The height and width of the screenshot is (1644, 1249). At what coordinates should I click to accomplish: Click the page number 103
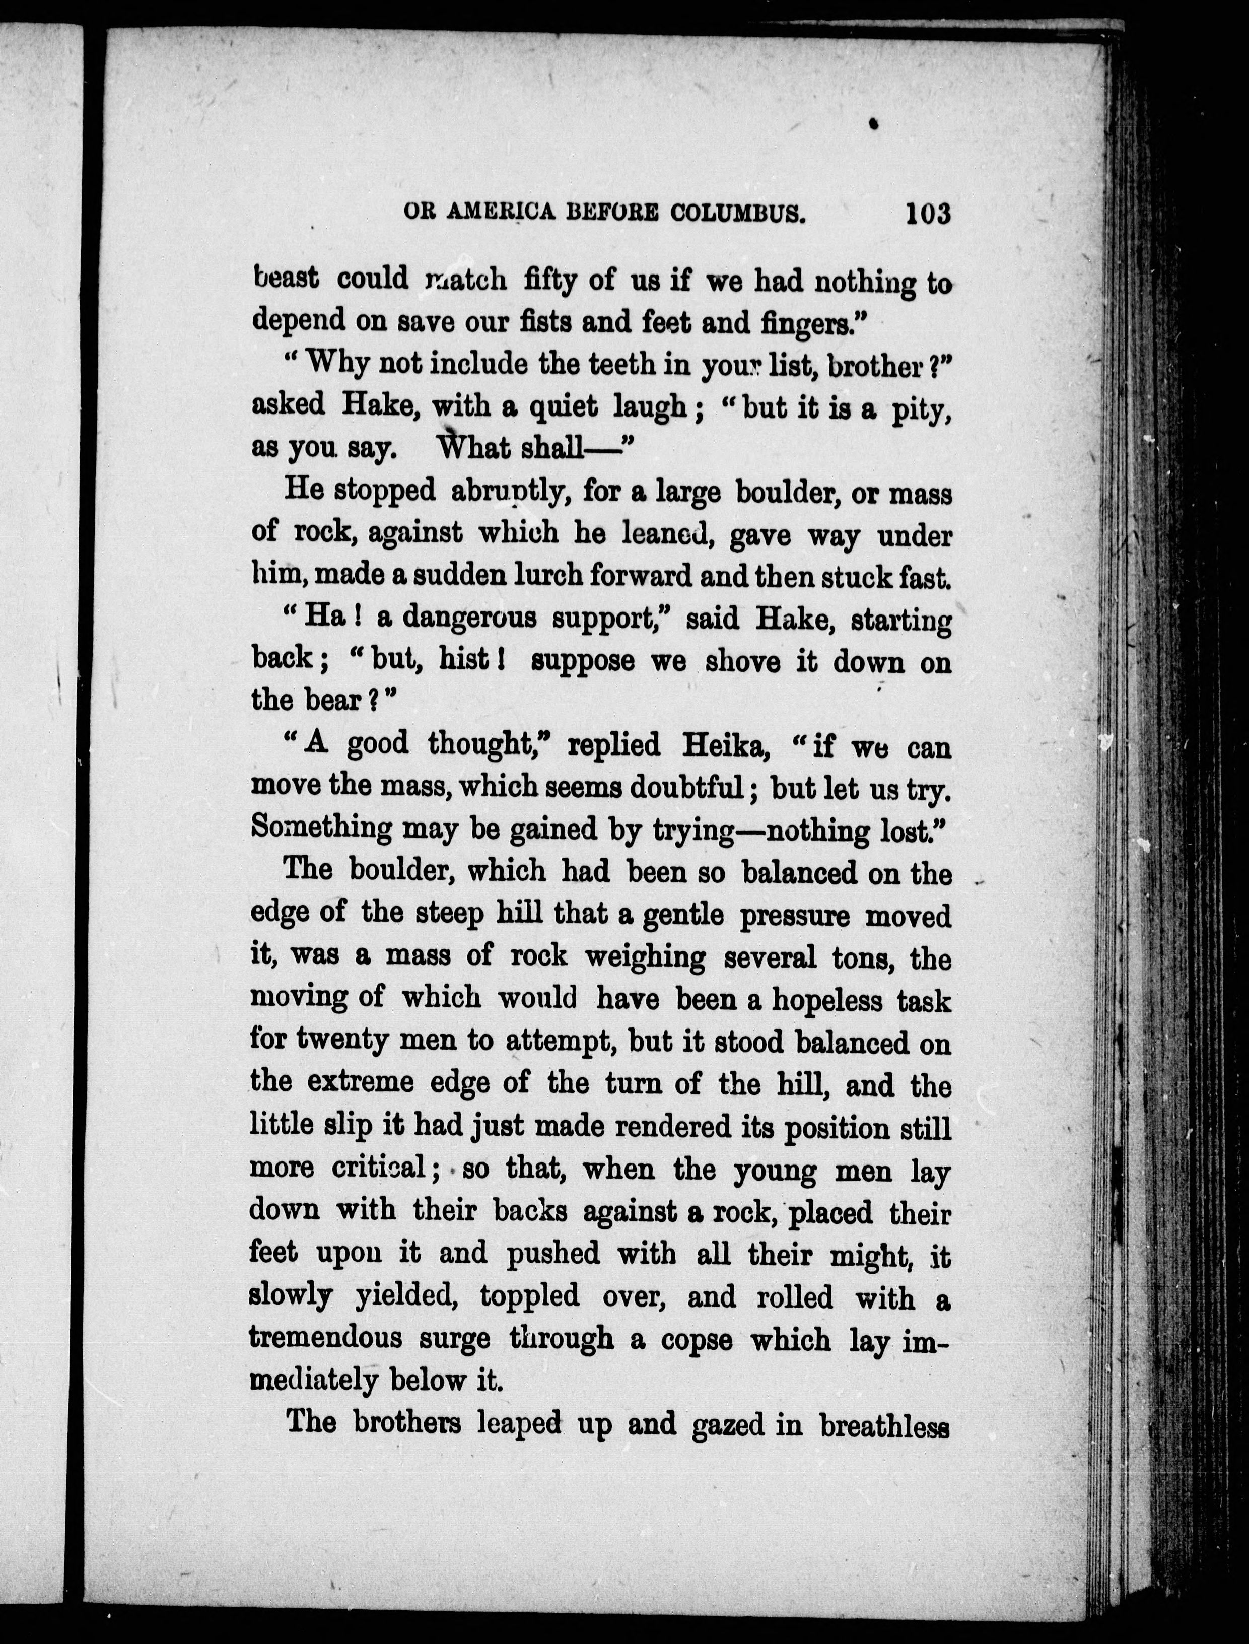(928, 214)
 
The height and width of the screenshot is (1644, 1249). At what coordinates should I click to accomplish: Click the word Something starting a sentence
(321, 829)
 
